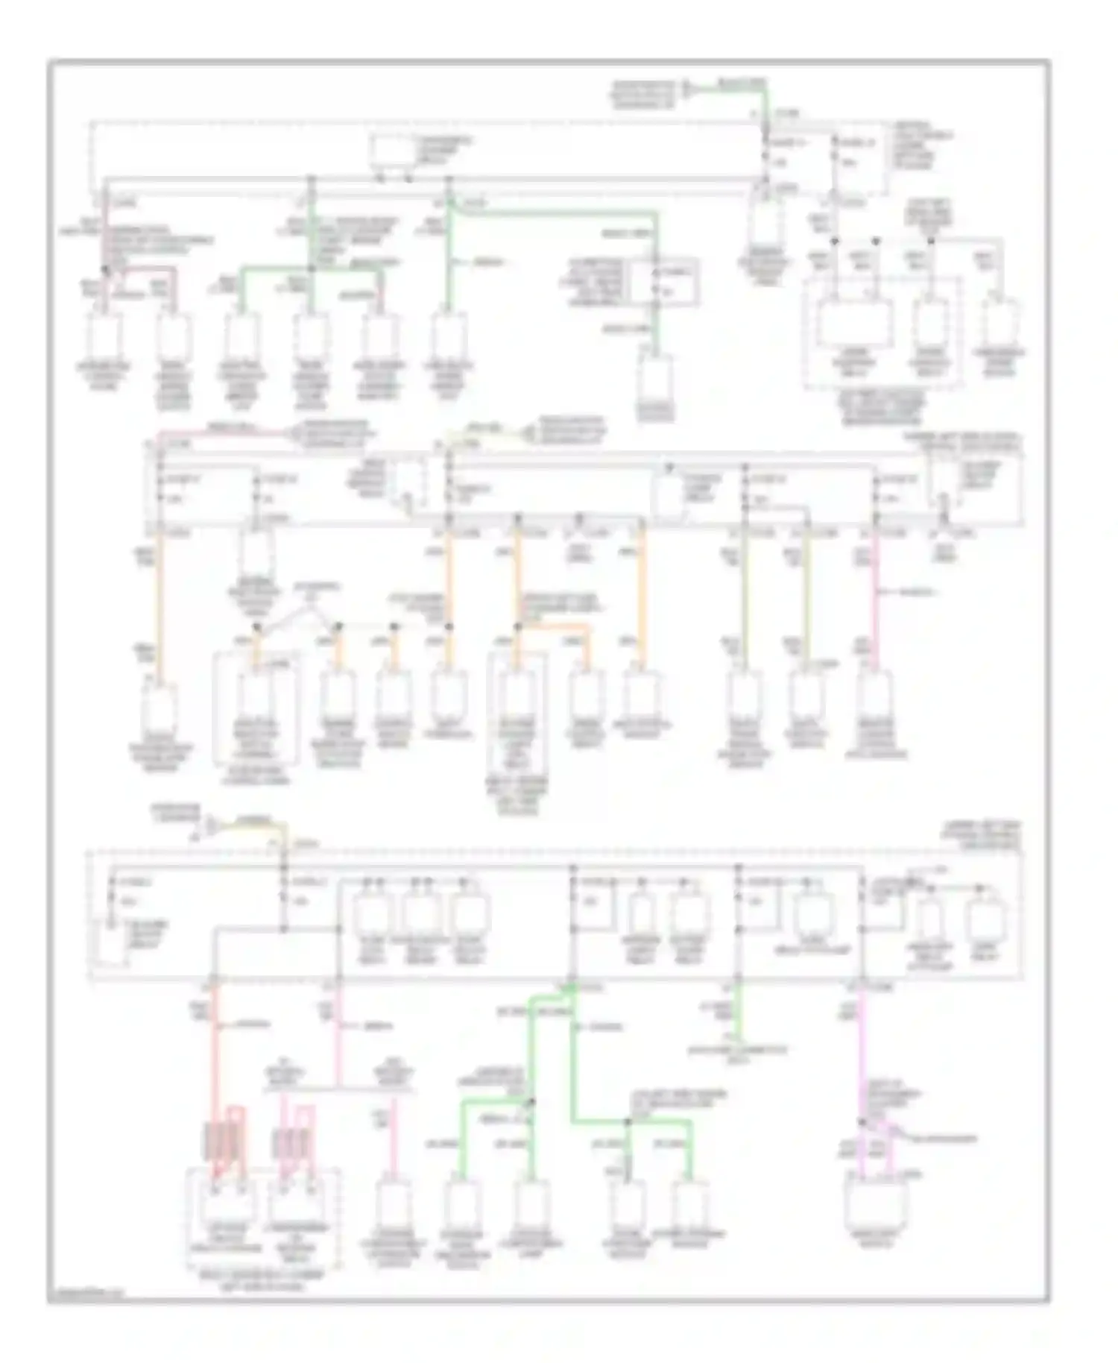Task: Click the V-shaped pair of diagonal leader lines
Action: tap(297, 614)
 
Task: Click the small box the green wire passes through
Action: tap(666, 283)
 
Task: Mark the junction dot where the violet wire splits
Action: tap(862, 1121)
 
